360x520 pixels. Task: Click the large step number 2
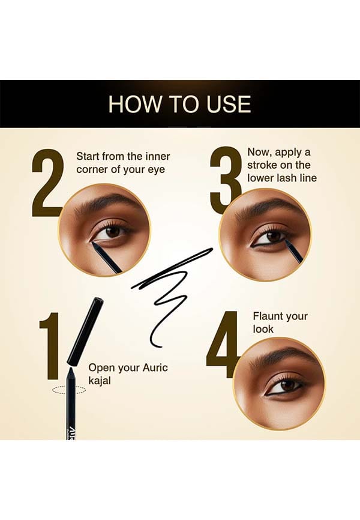46,183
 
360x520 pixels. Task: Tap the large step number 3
226,176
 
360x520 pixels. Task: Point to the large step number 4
222,345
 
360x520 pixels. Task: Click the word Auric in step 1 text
155,367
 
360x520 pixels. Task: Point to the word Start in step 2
88,156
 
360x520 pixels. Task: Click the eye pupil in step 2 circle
113,231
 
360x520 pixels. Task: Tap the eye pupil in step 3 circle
273,236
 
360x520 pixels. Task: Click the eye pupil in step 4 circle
287,385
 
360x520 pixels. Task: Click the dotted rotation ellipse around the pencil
69,390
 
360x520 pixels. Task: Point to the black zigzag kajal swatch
172,291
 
